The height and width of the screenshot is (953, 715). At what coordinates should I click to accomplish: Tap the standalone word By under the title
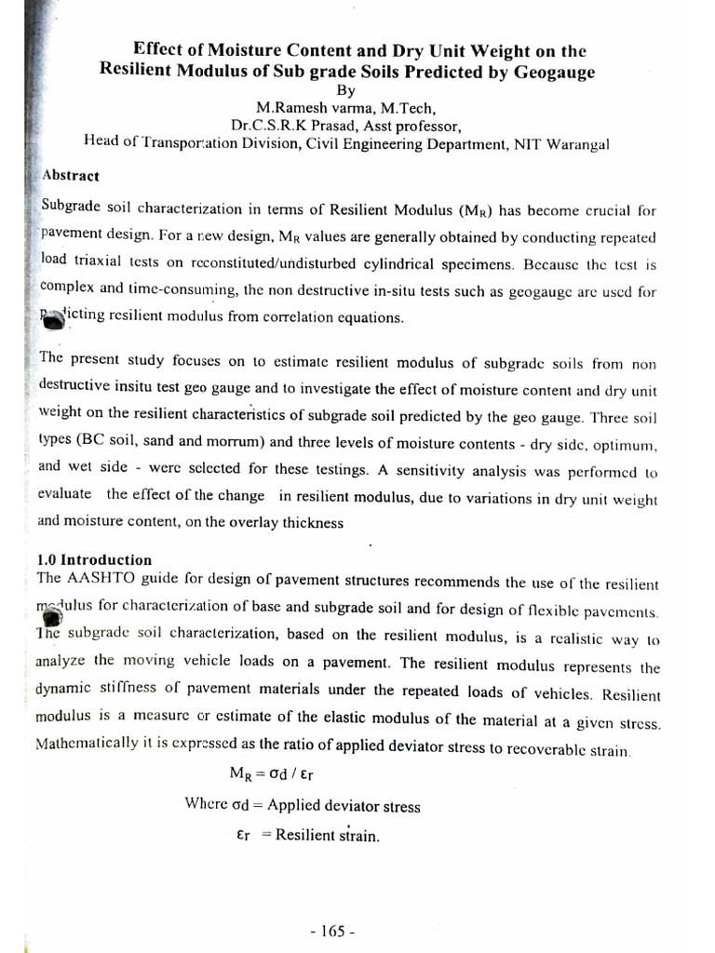click(x=345, y=91)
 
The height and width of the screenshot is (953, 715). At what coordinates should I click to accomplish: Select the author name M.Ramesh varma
click(x=294, y=108)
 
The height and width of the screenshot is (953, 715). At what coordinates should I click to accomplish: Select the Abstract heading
click(x=71, y=175)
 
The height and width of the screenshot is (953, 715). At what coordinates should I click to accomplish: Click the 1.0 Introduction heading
click(x=93, y=559)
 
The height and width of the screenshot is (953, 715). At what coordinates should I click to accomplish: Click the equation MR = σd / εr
click(x=277, y=772)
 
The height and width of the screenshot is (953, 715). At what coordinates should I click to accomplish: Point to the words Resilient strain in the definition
click(x=328, y=836)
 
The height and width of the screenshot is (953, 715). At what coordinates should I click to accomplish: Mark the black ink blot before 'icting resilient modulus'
click(x=54, y=319)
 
